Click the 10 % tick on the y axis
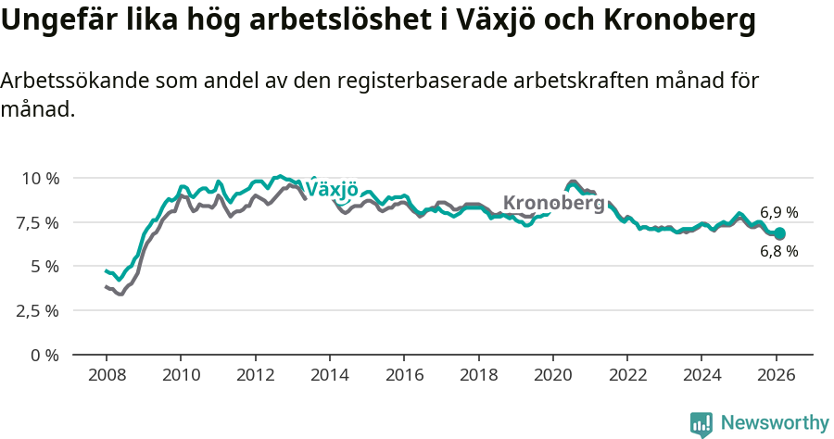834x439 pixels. pyautogui.click(x=40, y=178)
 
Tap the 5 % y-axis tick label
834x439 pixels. pyautogui.click(x=45, y=267)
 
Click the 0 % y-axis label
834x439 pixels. pyautogui.click(x=45, y=355)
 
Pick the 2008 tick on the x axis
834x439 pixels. pyautogui.click(x=106, y=376)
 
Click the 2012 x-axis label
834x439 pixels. pyautogui.click(x=255, y=376)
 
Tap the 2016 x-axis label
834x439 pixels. pyautogui.click(x=404, y=376)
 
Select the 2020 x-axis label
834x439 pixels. pyautogui.click(x=552, y=376)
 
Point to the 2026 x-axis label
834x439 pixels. pyautogui.click(x=776, y=376)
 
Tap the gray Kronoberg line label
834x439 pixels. pyautogui.click(x=553, y=203)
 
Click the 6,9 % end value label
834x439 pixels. pyautogui.click(x=778, y=213)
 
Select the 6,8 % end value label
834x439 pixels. pyautogui.click(x=778, y=252)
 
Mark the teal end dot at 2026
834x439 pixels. pyautogui.click(x=779, y=234)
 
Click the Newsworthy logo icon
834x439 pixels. pyautogui.click(x=701, y=424)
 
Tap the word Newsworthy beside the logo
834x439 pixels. pyautogui.click(x=775, y=423)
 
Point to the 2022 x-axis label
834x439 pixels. pyautogui.click(x=627, y=376)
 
